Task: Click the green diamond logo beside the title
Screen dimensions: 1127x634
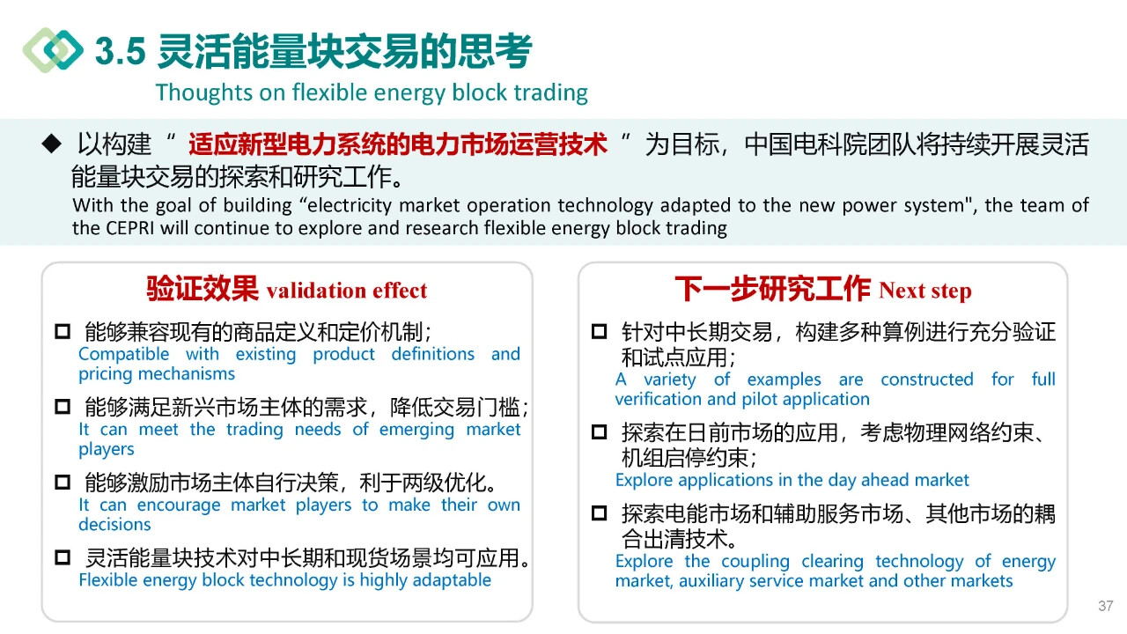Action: [x=54, y=50]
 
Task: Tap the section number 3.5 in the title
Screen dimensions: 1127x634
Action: [x=121, y=52]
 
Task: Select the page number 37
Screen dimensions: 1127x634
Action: [x=1105, y=606]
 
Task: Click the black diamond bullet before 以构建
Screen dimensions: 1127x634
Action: [x=52, y=144]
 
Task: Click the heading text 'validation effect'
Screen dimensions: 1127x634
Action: [x=347, y=291]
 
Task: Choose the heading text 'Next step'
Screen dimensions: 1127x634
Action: [x=924, y=291]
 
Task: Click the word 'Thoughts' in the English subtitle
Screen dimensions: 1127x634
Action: [x=203, y=92]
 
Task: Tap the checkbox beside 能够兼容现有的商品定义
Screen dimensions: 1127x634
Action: [x=63, y=332]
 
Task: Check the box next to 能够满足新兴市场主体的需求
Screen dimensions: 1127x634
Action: [x=63, y=407]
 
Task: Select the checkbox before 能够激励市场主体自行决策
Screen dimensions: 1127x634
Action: [x=63, y=482]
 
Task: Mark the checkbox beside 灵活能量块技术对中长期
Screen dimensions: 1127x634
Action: [x=63, y=557]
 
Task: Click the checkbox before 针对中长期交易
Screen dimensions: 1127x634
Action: [x=600, y=332]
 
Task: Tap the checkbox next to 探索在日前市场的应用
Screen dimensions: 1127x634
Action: [x=600, y=432]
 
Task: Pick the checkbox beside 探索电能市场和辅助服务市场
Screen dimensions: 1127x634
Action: [x=600, y=513]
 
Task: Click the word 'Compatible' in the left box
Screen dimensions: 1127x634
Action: [x=124, y=354]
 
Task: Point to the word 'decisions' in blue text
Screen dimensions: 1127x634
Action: [x=114, y=525]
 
